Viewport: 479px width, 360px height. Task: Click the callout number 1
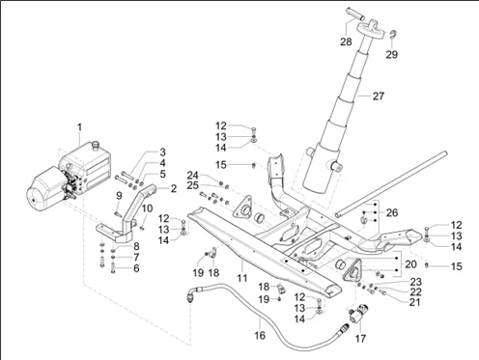pyautogui.click(x=79, y=127)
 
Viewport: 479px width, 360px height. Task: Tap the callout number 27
pyautogui.click(x=379, y=96)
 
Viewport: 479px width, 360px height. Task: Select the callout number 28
pyautogui.click(x=346, y=42)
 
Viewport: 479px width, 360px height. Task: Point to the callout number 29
pyautogui.click(x=392, y=55)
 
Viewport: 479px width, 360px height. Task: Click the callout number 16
pyautogui.click(x=260, y=336)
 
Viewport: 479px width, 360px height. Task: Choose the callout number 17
pyautogui.click(x=360, y=339)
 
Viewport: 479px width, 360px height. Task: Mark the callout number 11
pyautogui.click(x=242, y=278)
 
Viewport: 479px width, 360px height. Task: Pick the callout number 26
pyautogui.click(x=392, y=212)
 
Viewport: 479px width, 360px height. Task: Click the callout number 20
pyautogui.click(x=410, y=264)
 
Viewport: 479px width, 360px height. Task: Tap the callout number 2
pyautogui.click(x=174, y=188)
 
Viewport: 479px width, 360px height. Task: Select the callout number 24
pyautogui.click(x=193, y=176)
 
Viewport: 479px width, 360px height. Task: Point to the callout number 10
pyautogui.click(x=147, y=208)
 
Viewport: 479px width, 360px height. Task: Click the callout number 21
pyautogui.click(x=415, y=302)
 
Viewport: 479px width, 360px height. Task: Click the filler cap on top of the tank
pyautogui.click(x=96, y=146)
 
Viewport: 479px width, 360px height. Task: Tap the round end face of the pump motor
pyautogui.click(x=33, y=200)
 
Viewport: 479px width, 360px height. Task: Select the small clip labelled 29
pyautogui.click(x=393, y=34)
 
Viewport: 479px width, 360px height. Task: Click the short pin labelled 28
pyautogui.click(x=355, y=14)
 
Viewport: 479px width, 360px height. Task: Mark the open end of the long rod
pyautogui.click(x=337, y=214)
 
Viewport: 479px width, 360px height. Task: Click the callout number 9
pyautogui.click(x=119, y=195)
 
